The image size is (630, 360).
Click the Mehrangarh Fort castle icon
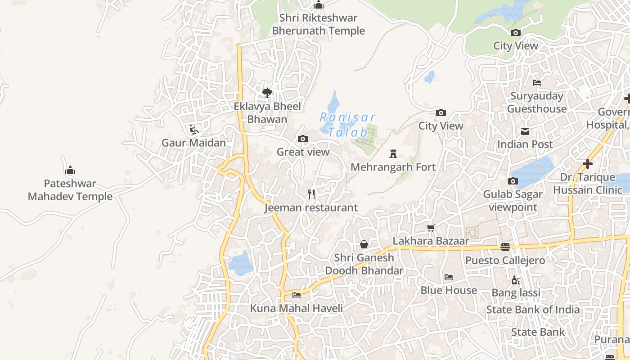click(x=393, y=154)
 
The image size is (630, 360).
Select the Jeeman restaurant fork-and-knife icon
click(x=311, y=194)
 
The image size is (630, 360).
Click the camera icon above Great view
click(x=303, y=139)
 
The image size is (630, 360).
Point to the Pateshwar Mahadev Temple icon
click(x=70, y=171)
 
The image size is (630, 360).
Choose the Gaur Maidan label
click(x=193, y=143)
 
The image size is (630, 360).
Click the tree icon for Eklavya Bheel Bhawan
click(x=267, y=93)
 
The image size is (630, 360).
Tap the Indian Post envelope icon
click(x=525, y=131)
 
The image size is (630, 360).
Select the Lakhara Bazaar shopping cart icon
click(x=431, y=228)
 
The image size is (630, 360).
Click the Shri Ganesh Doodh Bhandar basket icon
click(x=364, y=244)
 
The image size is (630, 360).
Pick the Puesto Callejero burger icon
click(x=505, y=247)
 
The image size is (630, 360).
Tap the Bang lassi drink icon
click(x=516, y=280)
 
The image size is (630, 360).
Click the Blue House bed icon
click(x=448, y=277)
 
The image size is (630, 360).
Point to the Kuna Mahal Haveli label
click(x=296, y=308)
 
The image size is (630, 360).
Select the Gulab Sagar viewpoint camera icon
click(x=513, y=181)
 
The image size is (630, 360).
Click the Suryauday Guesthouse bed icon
click(x=536, y=83)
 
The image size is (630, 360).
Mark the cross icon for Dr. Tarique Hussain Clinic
click(x=587, y=164)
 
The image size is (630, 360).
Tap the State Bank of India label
click(x=533, y=310)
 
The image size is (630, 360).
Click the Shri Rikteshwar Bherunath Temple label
click(x=319, y=24)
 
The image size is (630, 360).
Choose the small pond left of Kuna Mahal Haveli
click(x=240, y=263)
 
